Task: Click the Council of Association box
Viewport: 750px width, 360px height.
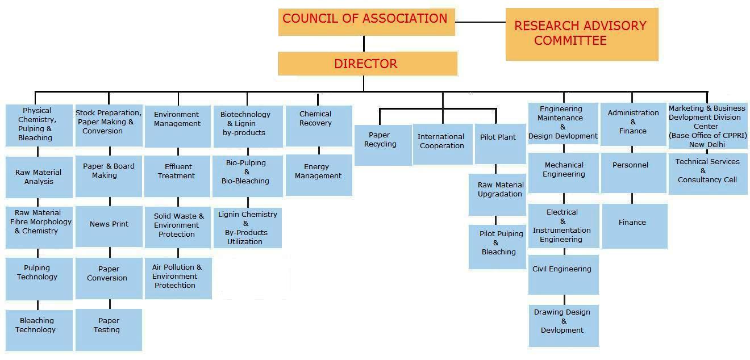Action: (366, 22)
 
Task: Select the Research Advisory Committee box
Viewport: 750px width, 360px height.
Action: (582, 34)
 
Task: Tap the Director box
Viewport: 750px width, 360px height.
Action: (367, 64)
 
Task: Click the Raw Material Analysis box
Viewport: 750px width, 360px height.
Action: (39, 177)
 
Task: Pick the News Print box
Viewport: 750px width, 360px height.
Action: (109, 225)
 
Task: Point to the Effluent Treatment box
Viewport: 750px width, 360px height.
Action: (178, 171)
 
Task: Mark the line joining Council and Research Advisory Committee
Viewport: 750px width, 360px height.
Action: (480, 22)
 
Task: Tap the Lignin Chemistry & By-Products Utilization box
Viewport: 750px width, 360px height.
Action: (248, 228)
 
